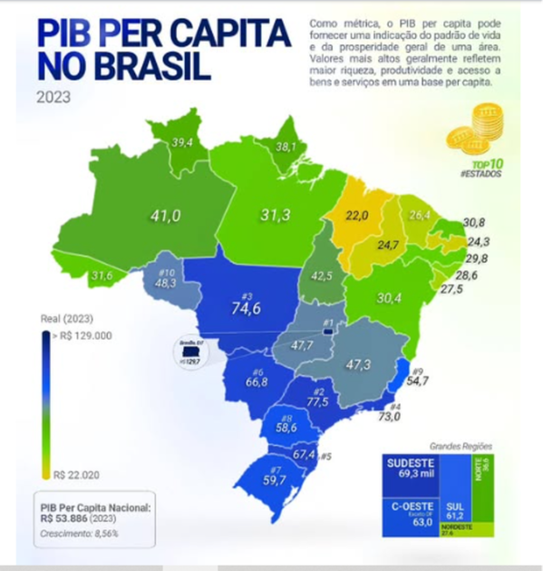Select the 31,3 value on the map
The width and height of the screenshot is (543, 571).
(274, 215)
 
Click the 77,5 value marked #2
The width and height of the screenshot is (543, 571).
(317, 402)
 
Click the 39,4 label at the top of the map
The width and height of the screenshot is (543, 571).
(183, 142)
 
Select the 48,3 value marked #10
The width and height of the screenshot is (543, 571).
(166, 283)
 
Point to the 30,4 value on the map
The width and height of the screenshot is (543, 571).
(388, 297)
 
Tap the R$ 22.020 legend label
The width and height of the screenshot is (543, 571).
(77, 474)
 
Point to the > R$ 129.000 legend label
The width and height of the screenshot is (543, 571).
(82, 334)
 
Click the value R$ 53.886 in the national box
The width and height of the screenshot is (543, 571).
(64, 518)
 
